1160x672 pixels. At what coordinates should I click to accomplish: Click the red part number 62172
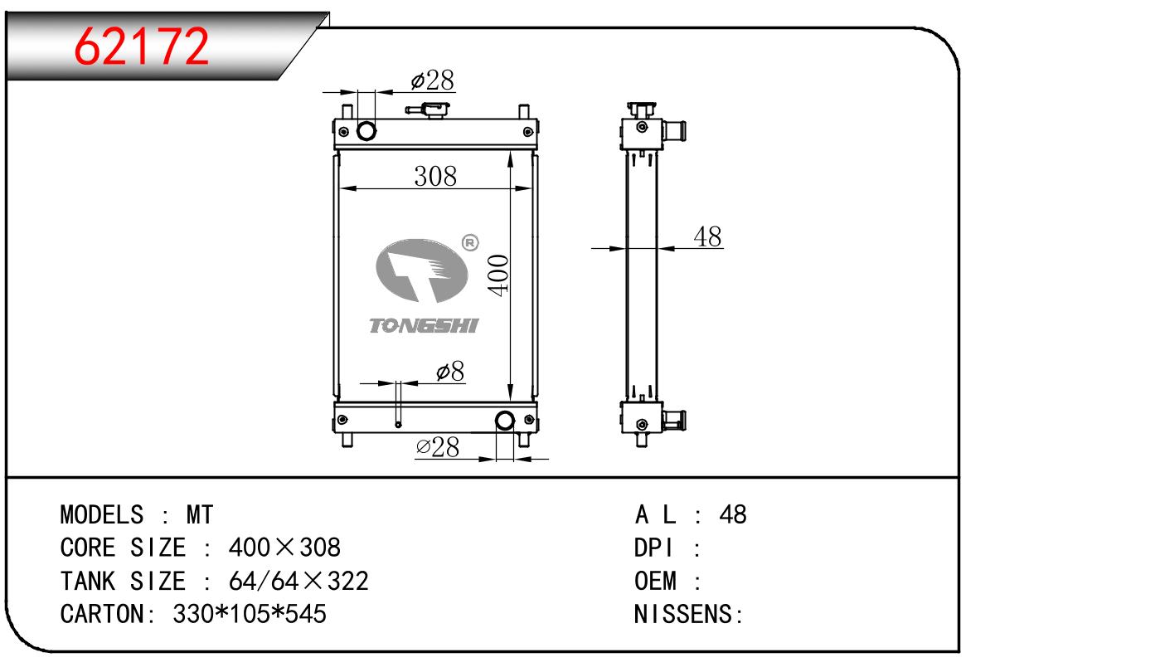point(142,46)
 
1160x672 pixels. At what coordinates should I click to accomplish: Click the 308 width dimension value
point(435,176)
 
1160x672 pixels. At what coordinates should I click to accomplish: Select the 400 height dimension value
point(498,275)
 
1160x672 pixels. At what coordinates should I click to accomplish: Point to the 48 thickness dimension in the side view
point(707,236)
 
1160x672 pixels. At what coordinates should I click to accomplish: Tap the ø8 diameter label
point(450,372)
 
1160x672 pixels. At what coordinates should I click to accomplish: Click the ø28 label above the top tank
point(433,80)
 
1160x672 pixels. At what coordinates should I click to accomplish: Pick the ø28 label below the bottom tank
point(438,447)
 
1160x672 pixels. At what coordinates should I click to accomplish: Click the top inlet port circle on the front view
point(366,130)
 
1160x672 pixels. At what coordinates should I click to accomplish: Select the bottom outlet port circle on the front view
point(504,421)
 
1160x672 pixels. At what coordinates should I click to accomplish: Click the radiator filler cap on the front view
point(429,110)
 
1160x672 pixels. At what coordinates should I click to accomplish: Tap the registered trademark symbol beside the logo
point(469,242)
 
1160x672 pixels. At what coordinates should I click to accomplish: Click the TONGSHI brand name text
point(424,325)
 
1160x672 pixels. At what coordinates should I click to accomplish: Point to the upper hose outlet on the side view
point(674,130)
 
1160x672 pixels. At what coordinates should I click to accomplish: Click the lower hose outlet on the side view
point(674,420)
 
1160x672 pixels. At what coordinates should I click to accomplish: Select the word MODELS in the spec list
point(102,515)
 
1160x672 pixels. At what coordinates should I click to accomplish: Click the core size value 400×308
point(284,548)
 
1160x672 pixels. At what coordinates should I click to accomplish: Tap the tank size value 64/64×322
point(298,581)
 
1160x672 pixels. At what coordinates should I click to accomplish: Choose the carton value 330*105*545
point(250,614)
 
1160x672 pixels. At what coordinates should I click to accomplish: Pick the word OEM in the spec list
point(655,581)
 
